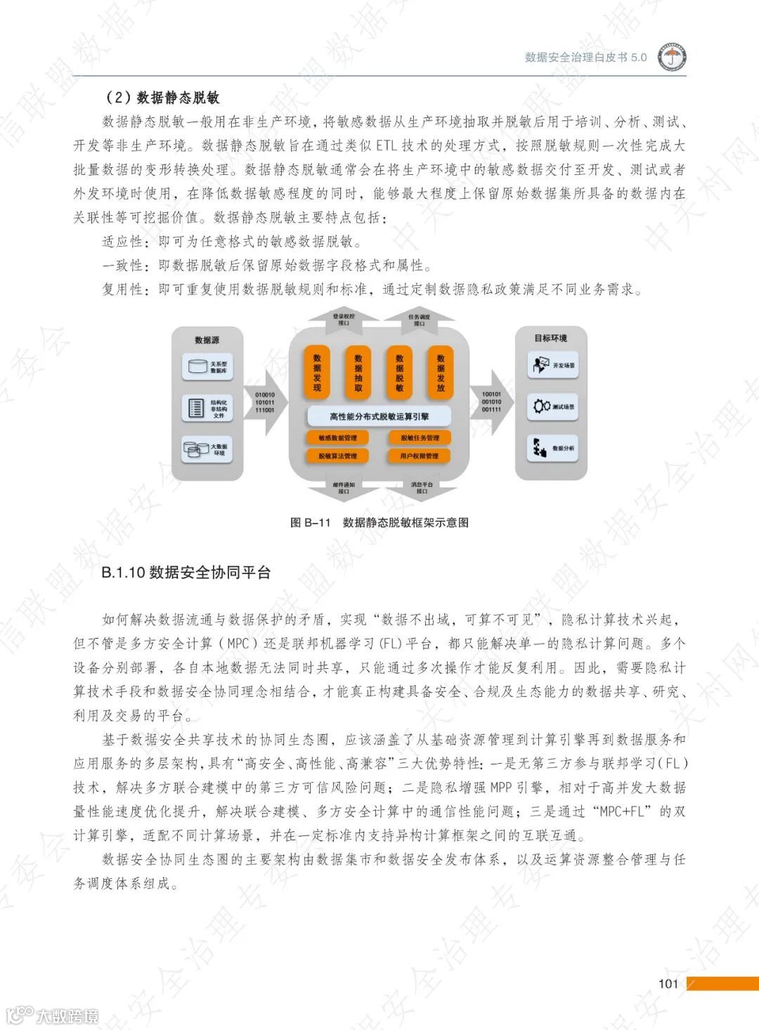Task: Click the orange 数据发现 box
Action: (317, 373)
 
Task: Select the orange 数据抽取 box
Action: (358, 373)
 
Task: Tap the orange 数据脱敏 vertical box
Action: (399, 373)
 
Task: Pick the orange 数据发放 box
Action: (441, 373)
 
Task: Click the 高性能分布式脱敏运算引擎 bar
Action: (379, 417)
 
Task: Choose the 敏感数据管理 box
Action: (338, 438)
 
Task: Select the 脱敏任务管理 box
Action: (420, 438)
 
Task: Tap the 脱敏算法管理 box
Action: (338, 456)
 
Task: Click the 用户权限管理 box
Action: (420, 456)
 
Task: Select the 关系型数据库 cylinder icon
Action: (195, 367)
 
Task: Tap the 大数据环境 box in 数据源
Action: (207, 449)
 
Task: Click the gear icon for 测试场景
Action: (541, 406)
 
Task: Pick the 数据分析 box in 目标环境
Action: (553, 448)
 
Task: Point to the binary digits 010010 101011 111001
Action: (265, 403)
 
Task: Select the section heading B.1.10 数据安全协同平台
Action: (186, 573)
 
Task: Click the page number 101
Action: (668, 984)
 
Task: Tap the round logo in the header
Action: (672, 58)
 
